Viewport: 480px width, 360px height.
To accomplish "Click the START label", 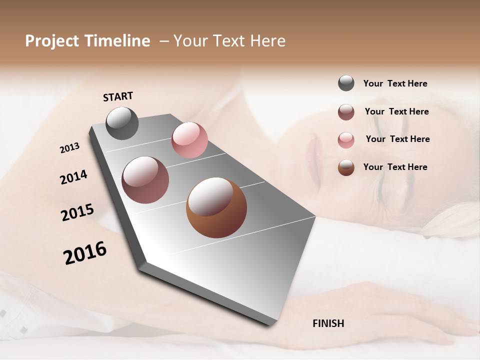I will click(118, 96).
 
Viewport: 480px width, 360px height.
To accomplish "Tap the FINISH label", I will click(328, 323).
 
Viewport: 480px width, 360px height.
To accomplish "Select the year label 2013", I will click(69, 148).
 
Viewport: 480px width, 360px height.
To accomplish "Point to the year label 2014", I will click(73, 177).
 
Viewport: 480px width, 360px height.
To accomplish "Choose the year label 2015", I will click(77, 212).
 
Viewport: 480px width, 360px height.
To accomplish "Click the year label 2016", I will click(85, 253).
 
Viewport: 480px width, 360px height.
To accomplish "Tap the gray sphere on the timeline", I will click(122, 123).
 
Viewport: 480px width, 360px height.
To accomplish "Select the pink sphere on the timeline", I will click(189, 140).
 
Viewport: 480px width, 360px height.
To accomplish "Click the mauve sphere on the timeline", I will click(145, 180).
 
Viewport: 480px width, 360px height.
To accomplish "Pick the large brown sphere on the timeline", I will click(216, 207).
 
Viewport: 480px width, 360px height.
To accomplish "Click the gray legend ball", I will click(346, 83).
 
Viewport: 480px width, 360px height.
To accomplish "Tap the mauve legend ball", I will click(346, 112).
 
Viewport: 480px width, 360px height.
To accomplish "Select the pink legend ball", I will click(346, 140).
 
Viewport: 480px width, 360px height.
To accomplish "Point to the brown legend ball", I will click(346, 167).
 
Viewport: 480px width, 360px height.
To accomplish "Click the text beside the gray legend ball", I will click(395, 83).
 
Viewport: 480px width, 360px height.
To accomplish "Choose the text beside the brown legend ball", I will click(395, 167).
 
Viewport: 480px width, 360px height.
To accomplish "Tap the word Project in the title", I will click(51, 41).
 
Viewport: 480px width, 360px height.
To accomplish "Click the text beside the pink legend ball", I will click(397, 139).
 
